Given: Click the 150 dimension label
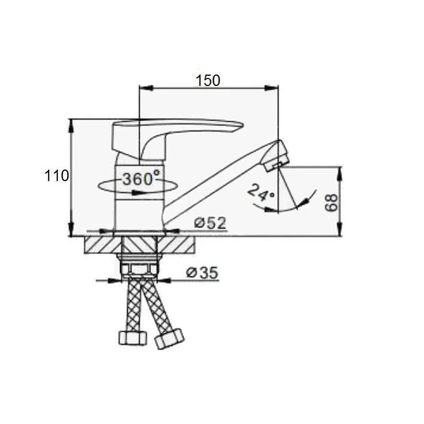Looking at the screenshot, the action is pyautogui.click(x=208, y=81).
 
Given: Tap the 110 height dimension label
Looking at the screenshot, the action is pyautogui.click(x=57, y=176).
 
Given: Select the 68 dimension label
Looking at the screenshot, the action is pyautogui.click(x=331, y=202).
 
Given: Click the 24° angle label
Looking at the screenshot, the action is pyautogui.click(x=261, y=192).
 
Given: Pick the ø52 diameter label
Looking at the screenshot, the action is pyautogui.click(x=210, y=223).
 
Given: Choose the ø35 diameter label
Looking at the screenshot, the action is pyautogui.click(x=202, y=272).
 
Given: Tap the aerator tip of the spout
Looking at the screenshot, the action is pyautogui.click(x=276, y=156).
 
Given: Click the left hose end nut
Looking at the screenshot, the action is pyautogui.click(x=133, y=338).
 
